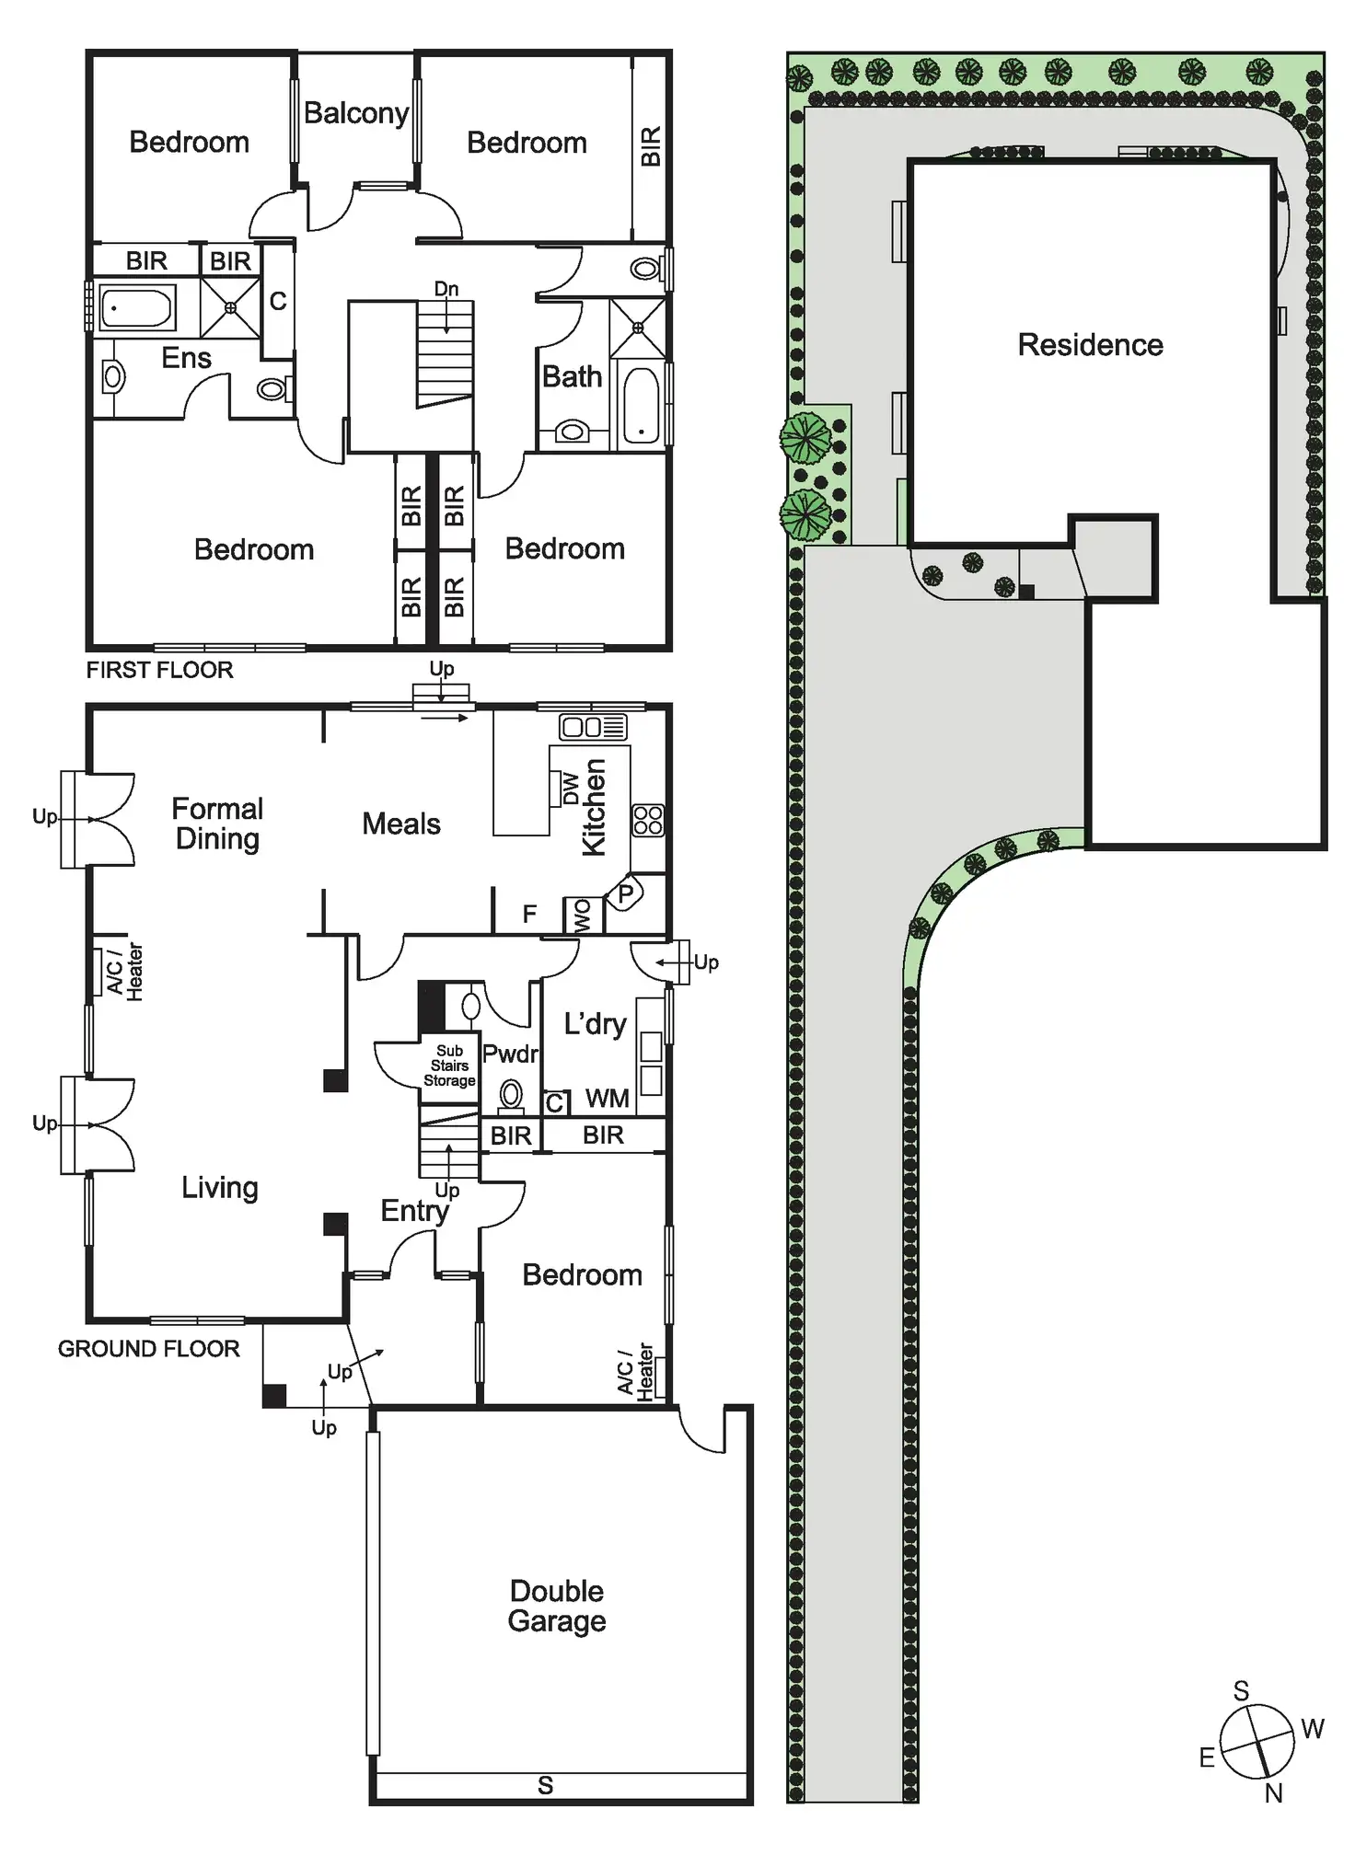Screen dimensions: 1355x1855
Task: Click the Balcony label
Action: [x=356, y=113]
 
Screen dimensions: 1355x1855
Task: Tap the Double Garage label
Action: [x=557, y=1606]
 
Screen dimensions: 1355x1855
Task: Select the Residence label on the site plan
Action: [x=1090, y=345]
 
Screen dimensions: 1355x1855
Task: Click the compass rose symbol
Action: [x=1257, y=1741]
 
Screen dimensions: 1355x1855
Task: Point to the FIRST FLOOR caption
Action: [x=159, y=670]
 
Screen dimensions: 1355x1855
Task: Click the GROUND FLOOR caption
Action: [x=148, y=1349]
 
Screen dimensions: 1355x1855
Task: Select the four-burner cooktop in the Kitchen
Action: [x=648, y=820]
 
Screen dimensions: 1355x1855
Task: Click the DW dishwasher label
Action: [x=571, y=789]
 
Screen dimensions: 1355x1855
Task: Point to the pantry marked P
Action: [x=626, y=893]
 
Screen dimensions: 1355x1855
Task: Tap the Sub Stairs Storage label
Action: [x=449, y=1066]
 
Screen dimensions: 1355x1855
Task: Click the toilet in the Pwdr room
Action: [x=511, y=1097]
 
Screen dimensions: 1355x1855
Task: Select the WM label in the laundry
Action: [x=607, y=1099]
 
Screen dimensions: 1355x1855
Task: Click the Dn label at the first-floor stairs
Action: [x=446, y=289]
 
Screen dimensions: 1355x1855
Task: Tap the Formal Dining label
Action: [x=217, y=824]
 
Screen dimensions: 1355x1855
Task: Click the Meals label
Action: [x=401, y=824]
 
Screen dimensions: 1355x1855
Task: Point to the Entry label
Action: [x=414, y=1211]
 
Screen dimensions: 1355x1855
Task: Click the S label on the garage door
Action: [x=546, y=1786]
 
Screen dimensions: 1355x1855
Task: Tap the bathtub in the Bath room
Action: [x=641, y=406]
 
